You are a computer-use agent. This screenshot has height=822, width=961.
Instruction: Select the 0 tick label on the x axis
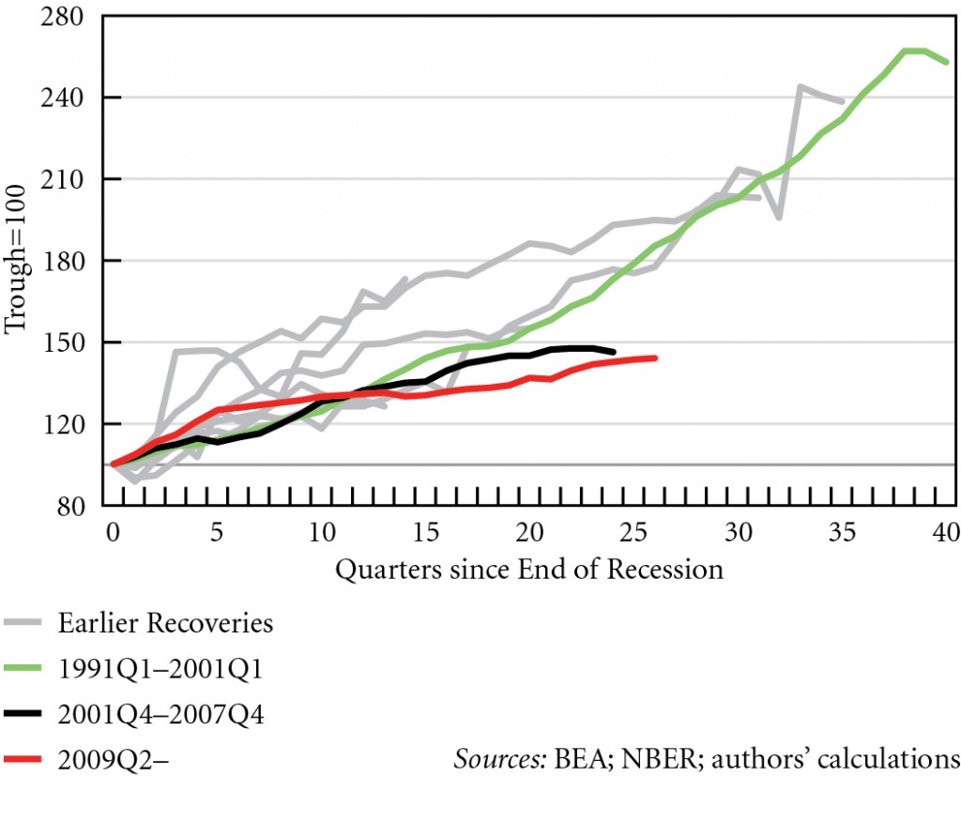pyautogui.click(x=113, y=533)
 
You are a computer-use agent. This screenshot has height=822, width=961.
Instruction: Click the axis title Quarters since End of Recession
pyautogui.click(x=529, y=569)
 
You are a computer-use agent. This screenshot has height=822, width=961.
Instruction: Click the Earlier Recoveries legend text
pyautogui.click(x=166, y=623)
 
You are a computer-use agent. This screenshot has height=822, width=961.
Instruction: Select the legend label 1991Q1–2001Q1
pyautogui.click(x=160, y=669)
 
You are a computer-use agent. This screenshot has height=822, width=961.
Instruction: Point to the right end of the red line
pyautogui.click(x=655, y=358)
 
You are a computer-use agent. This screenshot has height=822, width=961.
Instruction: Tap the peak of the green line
pyautogui.click(x=915, y=51)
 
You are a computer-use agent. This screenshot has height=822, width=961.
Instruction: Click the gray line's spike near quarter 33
pyautogui.click(x=801, y=87)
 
